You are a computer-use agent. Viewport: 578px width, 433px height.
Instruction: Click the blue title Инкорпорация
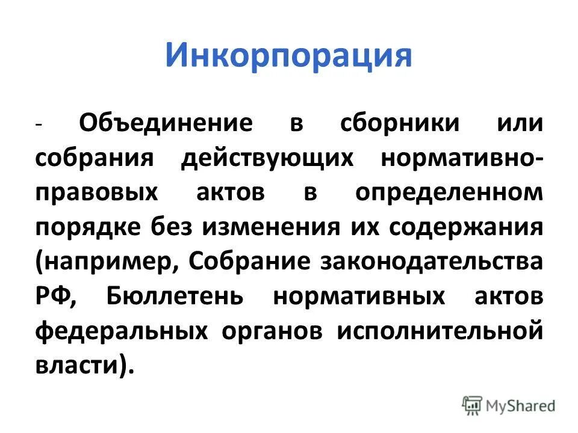click(x=288, y=57)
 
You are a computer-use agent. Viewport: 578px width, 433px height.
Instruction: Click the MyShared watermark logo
click(x=508, y=405)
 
